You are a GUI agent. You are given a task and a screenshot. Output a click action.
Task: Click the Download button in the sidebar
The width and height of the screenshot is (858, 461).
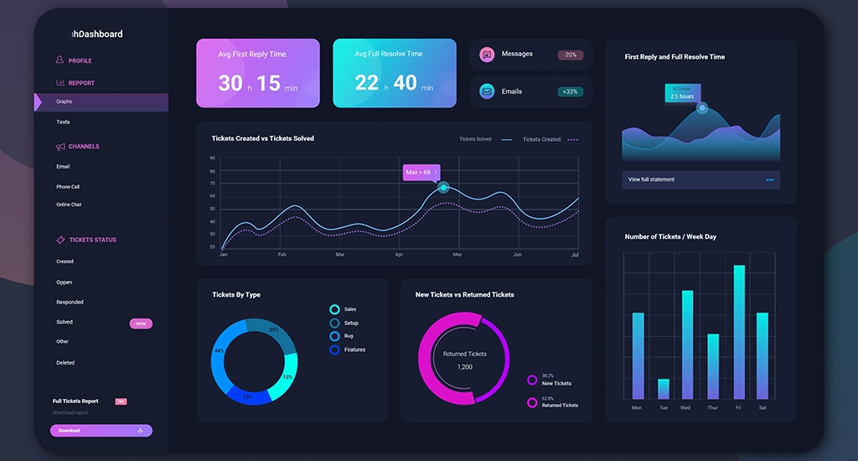(101, 431)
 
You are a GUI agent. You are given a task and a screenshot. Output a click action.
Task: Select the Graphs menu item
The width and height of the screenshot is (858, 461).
(65, 101)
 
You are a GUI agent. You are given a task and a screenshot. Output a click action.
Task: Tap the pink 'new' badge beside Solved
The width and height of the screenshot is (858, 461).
(141, 324)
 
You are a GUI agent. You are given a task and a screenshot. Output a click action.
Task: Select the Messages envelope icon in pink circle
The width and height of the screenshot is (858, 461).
(486, 54)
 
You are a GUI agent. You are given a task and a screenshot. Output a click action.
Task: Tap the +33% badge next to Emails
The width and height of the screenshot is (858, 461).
(570, 91)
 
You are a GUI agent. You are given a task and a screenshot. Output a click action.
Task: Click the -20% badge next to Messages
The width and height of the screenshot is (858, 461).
(570, 55)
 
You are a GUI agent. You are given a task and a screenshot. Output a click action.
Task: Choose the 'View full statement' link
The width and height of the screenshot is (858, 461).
(651, 179)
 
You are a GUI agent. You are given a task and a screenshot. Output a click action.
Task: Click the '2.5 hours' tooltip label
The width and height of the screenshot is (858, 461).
(682, 96)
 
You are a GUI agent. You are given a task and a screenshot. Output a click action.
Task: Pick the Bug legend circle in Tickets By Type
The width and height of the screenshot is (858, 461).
(335, 336)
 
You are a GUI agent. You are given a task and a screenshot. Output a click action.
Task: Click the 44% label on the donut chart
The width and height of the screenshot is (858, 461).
(219, 351)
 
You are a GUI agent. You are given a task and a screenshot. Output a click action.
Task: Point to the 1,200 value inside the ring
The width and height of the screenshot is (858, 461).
(464, 367)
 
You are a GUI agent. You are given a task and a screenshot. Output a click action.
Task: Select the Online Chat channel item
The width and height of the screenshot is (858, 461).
(69, 205)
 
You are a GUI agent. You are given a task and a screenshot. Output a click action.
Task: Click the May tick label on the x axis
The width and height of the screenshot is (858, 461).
(457, 254)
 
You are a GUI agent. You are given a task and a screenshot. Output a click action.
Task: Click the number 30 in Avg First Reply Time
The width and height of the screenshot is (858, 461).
(230, 82)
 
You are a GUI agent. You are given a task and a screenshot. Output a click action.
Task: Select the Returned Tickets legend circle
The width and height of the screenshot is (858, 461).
(532, 402)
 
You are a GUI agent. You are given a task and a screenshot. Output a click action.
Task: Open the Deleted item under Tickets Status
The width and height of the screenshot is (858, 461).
(65, 363)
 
